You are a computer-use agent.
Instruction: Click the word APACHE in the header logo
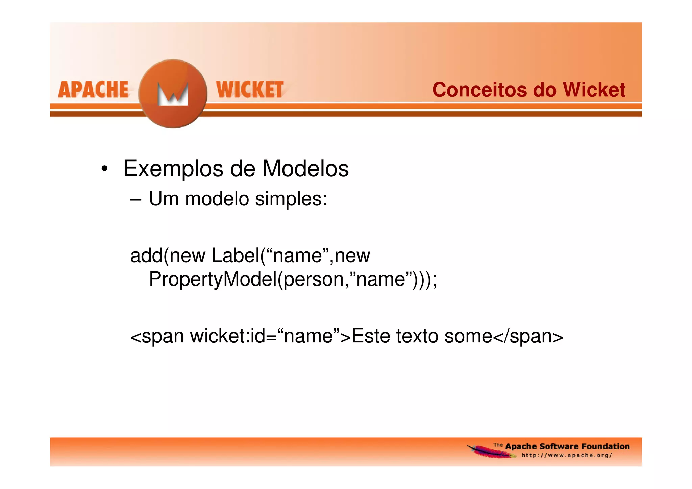click(x=93, y=90)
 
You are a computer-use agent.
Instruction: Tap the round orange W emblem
click(x=173, y=94)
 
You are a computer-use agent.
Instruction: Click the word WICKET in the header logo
click(x=250, y=90)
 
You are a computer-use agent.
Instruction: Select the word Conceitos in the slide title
click(x=479, y=90)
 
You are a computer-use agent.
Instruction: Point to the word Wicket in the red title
click(x=594, y=90)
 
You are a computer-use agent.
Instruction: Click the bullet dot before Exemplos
click(x=104, y=169)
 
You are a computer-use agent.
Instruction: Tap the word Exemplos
click(x=173, y=169)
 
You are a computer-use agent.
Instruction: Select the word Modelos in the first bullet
click(x=305, y=169)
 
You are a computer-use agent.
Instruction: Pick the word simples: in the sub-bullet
click(x=291, y=199)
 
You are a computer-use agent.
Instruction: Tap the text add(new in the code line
click(x=168, y=255)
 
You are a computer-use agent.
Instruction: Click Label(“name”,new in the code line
click(x=291, y=255)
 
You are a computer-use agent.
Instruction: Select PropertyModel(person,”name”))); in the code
click(x=293, y=279)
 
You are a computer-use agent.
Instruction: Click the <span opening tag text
click(x=157, y=337)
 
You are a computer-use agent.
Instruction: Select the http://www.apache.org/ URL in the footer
click(x=567, y=455)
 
